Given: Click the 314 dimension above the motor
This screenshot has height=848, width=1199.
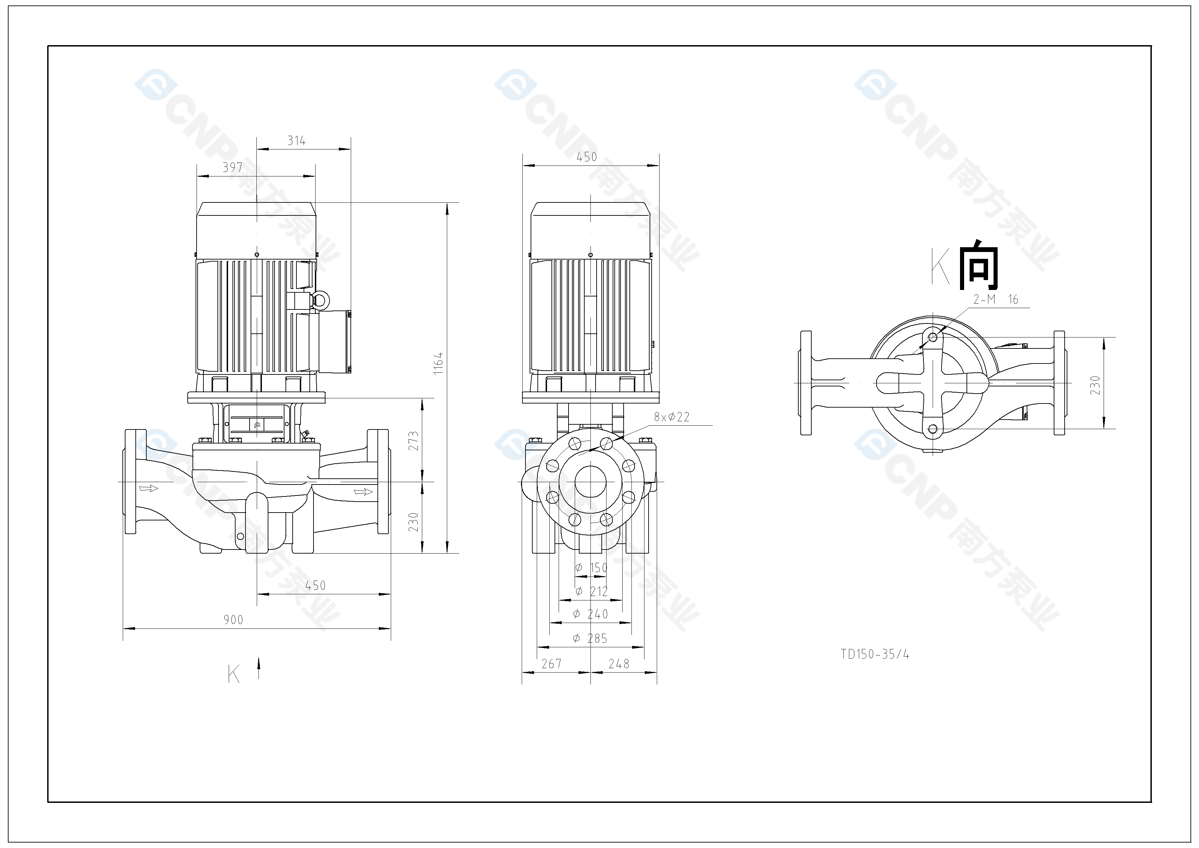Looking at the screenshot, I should pyautogui.click(x=296, y=141).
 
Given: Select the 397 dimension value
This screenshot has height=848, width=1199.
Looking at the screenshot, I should pyautogui.click(x=232, y=167).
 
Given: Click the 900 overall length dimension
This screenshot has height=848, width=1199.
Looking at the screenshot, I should pyautogui.click(x=234, y=620).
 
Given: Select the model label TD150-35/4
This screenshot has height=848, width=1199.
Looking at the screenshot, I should pyautogui.click(x=875, y=654).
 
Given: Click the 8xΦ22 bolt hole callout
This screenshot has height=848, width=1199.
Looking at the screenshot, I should pyautogui.click(x=671, y=417).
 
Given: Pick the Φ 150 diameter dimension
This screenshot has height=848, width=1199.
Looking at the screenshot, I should pyautogui.click(x=591, y=568).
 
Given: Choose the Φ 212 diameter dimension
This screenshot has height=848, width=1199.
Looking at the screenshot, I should pyautogui.click(x=591, y=592).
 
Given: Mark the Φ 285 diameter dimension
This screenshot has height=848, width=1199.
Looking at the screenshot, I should pyautogui.click(x=590, y=638).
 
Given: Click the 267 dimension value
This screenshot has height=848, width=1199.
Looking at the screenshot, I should pyautogui.click(x=551, y=664).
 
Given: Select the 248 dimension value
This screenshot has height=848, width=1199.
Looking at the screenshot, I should pyautogui.click(x=619, y=664).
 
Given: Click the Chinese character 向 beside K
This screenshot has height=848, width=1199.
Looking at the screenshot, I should pyautogui.click(x=978, y=265).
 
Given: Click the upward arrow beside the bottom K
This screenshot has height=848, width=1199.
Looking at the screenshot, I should pyautogui.click(x=258, y=668).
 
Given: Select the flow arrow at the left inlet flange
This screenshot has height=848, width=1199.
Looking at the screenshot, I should pyautogui.click(x=148, y=488).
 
